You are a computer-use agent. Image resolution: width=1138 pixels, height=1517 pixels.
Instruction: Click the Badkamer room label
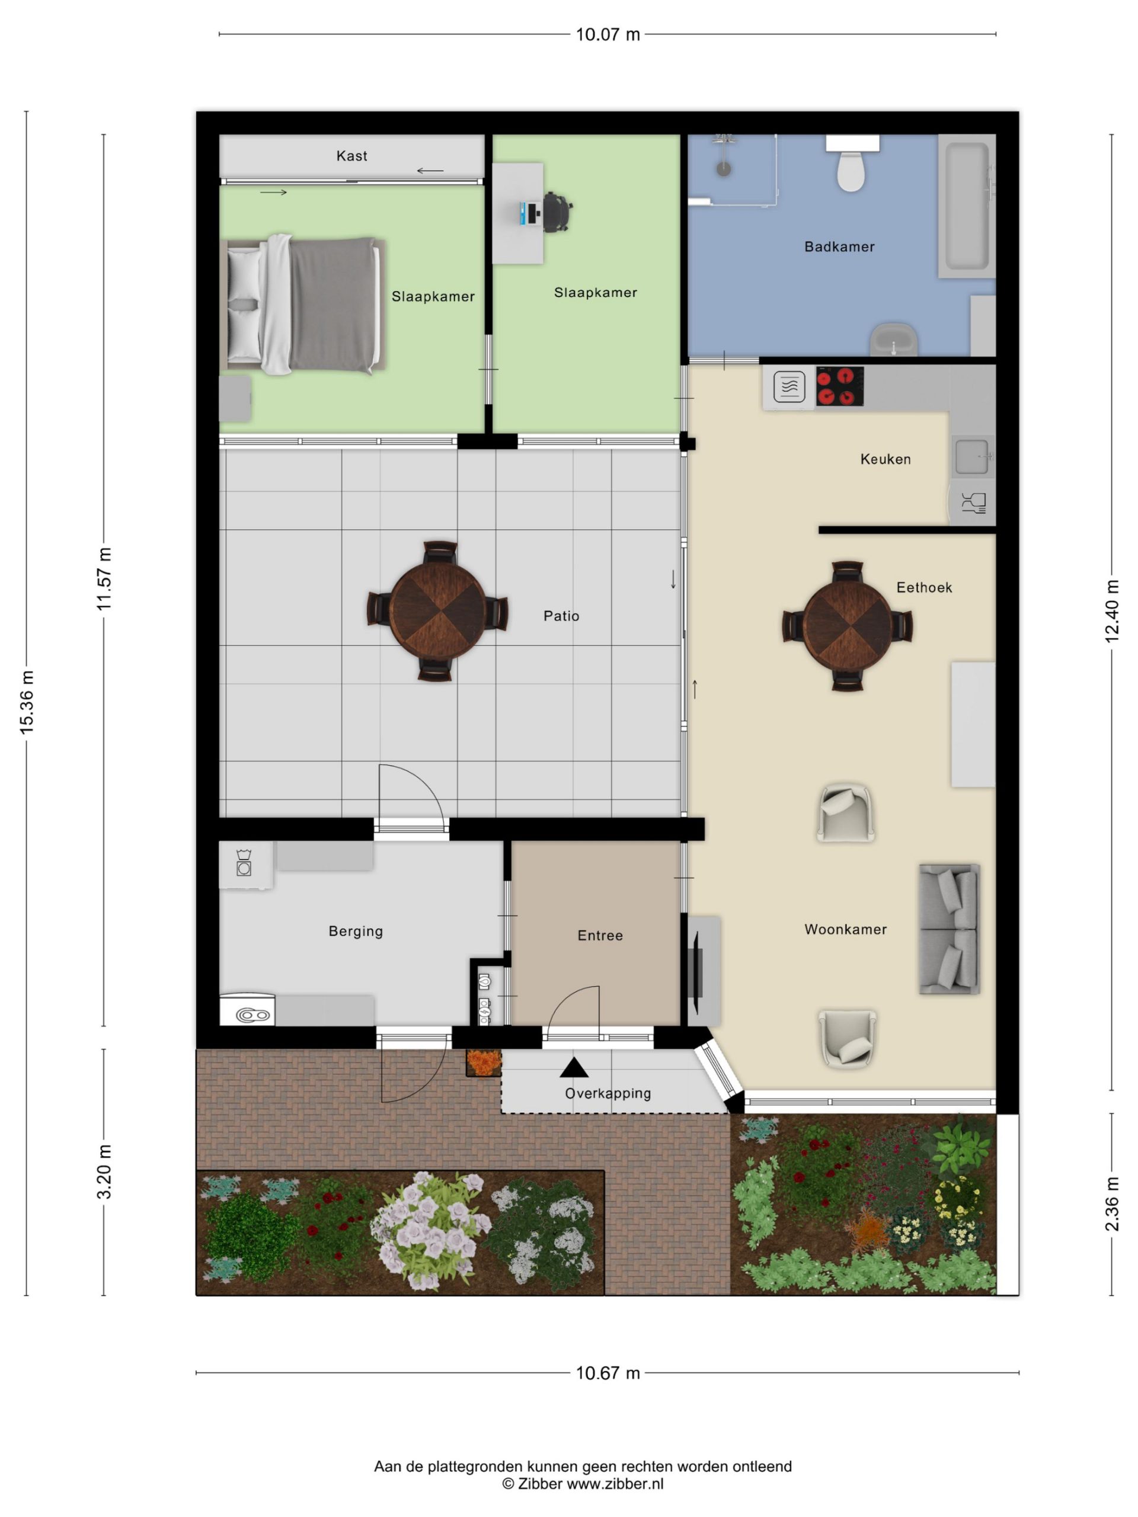coord(839,247)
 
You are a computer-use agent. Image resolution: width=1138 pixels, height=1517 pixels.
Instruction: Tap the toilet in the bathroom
coord(851,164)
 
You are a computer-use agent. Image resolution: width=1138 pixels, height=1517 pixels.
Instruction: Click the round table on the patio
coord(437,610)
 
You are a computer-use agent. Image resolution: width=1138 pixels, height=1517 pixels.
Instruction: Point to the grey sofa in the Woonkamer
coord(950,929)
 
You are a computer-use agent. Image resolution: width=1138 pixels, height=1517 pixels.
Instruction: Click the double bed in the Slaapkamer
coord(302,305)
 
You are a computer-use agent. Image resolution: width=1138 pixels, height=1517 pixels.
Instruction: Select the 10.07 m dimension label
coord(608,34)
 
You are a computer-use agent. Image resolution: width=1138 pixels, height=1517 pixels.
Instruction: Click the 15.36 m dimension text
coord(26,702)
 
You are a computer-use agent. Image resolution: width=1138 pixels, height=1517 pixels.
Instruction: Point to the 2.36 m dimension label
coord(1112,1204)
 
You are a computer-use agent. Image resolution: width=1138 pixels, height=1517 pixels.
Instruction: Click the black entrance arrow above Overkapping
coord(574,1067)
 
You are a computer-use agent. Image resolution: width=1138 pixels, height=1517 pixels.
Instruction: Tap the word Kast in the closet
coord(352,156)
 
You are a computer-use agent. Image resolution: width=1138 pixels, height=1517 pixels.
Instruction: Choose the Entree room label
coord(600,936)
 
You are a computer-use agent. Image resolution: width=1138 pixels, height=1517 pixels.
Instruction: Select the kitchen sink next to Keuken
coord(972,456)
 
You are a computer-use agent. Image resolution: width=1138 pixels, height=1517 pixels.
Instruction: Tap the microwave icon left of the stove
coord(789,387)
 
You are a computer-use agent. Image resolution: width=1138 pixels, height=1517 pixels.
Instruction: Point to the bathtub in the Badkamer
coord(967,206)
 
